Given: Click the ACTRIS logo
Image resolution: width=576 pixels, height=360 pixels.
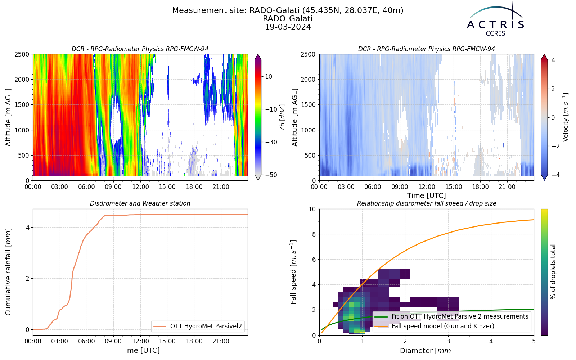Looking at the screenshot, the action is (x=495, y=19).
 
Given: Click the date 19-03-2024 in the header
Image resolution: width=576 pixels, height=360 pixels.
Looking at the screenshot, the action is (x=288, y=27).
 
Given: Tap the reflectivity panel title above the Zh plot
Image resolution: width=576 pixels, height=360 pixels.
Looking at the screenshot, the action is (x=140, y=49).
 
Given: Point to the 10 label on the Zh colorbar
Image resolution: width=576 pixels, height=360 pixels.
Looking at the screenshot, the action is (x=269, y=77).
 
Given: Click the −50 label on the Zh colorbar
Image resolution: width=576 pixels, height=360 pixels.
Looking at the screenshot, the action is (x=270, y=175).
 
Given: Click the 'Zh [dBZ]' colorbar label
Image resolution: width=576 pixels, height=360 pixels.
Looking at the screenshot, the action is (x=282, y=117).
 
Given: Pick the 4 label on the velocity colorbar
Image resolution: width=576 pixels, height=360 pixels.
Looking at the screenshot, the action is (x=553, y=60).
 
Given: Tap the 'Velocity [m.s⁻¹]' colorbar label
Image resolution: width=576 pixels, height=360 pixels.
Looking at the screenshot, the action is (x=565, y=117).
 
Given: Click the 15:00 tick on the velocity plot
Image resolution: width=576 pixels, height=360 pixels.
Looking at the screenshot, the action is (x=454, y=187).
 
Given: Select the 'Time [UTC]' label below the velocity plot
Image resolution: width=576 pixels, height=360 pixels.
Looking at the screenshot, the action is (x=427, y=195).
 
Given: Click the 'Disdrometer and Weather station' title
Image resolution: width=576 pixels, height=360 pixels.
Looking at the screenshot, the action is (x=140, y=203).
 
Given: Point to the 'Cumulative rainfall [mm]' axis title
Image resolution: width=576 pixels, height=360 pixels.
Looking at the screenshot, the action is (x=8, y=272).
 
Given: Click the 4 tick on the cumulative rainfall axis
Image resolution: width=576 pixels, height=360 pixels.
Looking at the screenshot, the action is (x=28, y=228).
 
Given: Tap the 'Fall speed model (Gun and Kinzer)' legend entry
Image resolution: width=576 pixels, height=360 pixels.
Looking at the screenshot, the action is (x=443, y=326).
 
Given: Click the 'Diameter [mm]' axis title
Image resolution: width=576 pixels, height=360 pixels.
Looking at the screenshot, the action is (x=427, y=351).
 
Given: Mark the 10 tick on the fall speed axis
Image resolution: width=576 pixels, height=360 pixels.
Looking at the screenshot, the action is (x=312, y=209).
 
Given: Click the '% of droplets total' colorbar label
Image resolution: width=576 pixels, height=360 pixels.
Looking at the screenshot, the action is (x=553, y=272).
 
